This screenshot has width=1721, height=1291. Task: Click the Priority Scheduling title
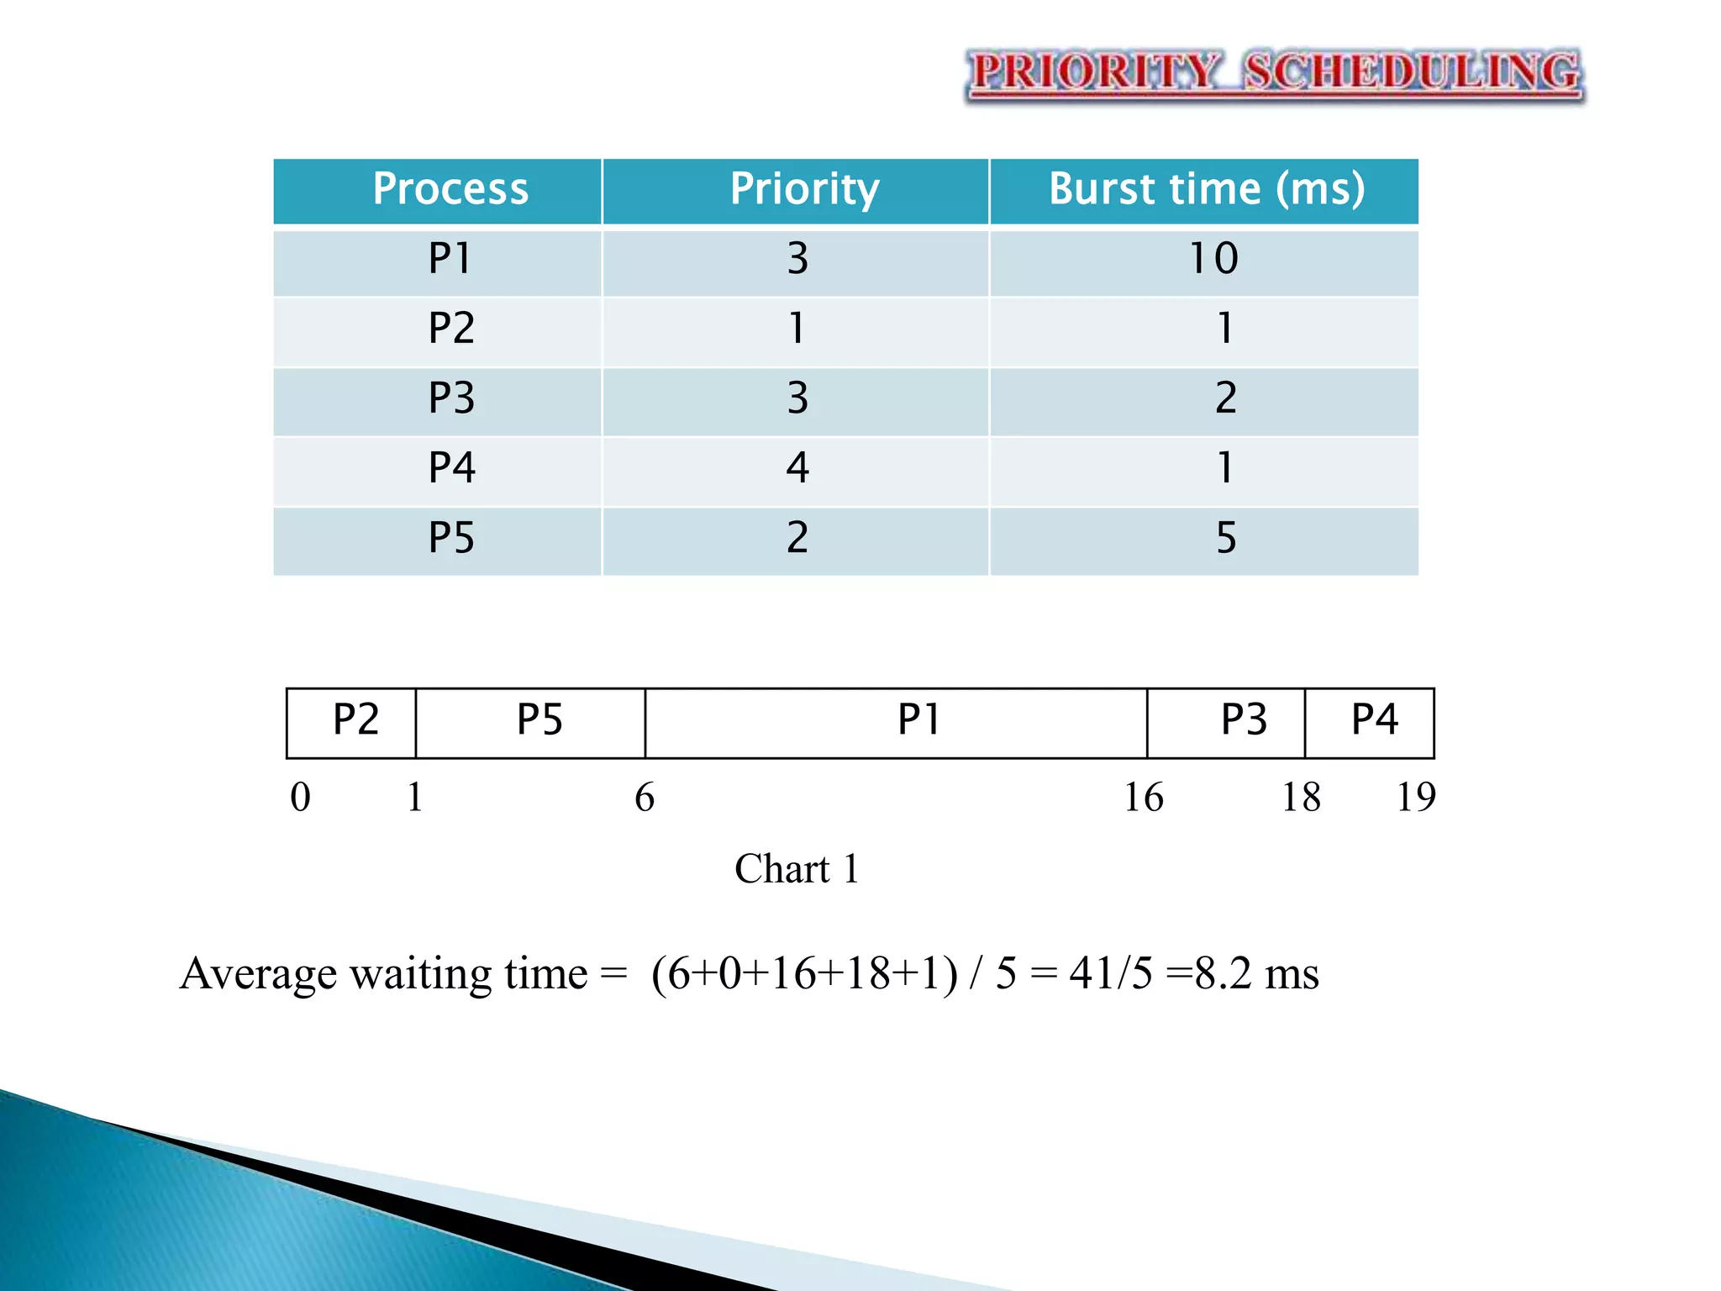1275,73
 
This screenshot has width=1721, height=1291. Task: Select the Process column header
450,189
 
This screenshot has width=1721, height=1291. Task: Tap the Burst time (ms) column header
1207,189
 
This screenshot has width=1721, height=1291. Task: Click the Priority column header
804,189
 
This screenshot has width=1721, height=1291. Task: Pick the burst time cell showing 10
1213,259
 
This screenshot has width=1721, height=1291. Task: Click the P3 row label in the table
451,398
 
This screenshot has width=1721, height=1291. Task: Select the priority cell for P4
797,468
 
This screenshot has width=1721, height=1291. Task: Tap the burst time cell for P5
1226,538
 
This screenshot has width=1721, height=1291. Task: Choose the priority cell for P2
797,329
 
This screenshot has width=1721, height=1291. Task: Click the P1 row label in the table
450,259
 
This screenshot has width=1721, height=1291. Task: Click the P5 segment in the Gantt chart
539,721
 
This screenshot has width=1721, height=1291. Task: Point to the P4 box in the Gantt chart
1374,721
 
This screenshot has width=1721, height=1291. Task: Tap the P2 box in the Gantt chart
355,721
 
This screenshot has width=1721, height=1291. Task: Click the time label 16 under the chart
1144,798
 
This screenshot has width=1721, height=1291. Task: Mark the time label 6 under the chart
645,798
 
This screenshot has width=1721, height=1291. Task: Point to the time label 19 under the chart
1416,798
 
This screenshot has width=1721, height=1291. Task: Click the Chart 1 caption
797,869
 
